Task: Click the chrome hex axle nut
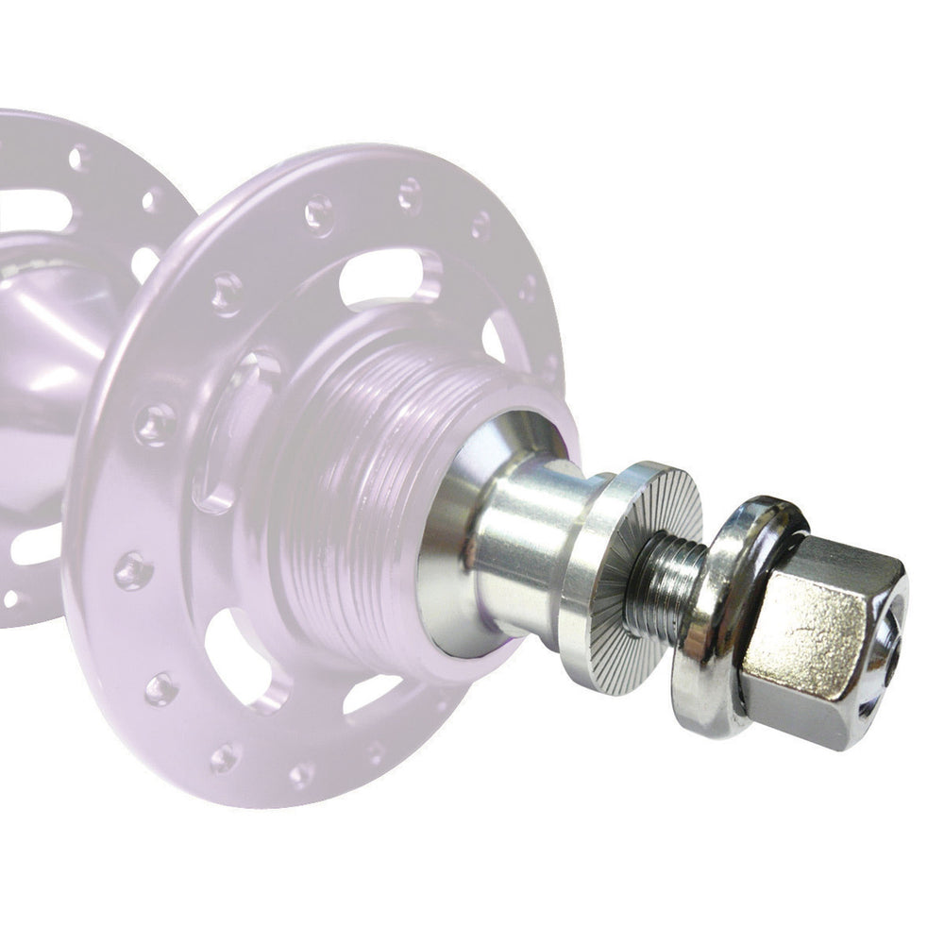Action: point(821,642)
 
